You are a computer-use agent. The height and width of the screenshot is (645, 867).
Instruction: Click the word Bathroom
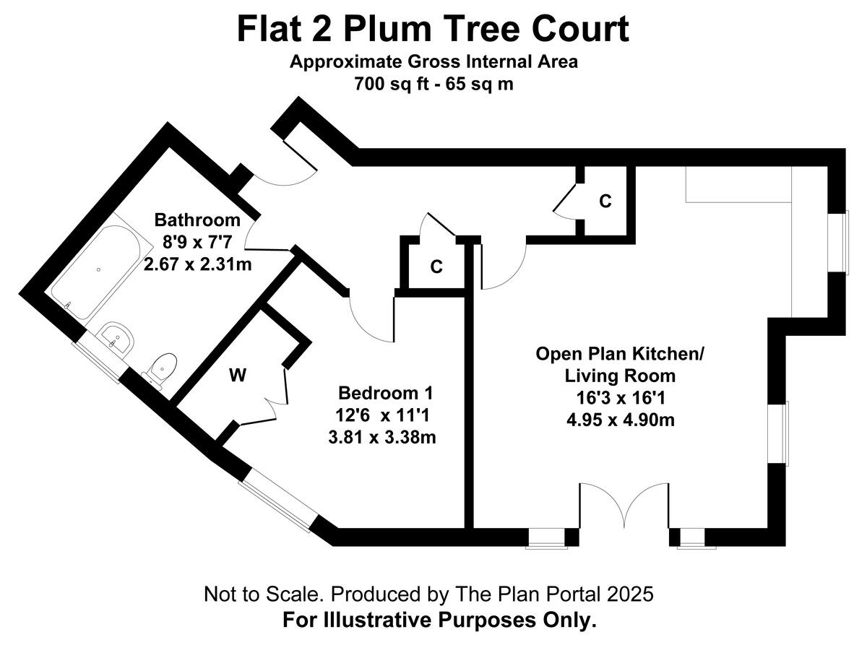point(197,220)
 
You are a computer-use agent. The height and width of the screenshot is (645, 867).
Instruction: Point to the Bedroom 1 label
point(386,394)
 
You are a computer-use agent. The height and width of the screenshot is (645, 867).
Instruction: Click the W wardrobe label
point(236,375)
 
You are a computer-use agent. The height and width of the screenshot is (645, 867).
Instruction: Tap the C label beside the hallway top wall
point(605,202)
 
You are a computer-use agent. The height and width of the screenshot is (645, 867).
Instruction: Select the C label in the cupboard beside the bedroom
point(436,267)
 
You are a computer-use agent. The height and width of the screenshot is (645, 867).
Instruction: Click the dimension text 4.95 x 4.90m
point(620,419)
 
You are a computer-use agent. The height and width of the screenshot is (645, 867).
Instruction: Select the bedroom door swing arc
point(371,318)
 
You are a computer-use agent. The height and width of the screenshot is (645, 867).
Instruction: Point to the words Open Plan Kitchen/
point(620,354)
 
